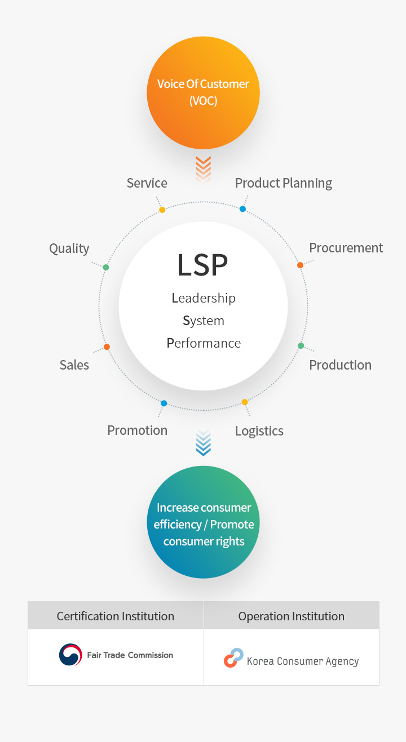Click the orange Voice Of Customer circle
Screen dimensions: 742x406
point(203,93)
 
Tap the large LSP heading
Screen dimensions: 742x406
point(202,265)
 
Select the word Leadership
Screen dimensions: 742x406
point(204,298)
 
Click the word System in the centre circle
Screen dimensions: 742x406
point(204,321)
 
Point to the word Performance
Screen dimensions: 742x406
point(204,343)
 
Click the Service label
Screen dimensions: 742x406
point(147,183)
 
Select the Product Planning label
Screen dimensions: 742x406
point(283,183)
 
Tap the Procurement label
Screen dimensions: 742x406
point(346,248)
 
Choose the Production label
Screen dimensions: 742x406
point(340,365)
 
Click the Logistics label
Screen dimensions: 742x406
point(259,431)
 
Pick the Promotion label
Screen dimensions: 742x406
point(137,430)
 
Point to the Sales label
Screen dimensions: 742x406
point(74,365)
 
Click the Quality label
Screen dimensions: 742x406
point(69,248)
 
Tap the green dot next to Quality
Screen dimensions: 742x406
point(106,267)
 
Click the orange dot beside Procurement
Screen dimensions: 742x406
point(300,265)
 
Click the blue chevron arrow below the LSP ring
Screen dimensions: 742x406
point(203,443)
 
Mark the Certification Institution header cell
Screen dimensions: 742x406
point(116,616)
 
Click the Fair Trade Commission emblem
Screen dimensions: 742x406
point(70,655)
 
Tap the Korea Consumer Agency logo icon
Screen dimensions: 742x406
point(233,658)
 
